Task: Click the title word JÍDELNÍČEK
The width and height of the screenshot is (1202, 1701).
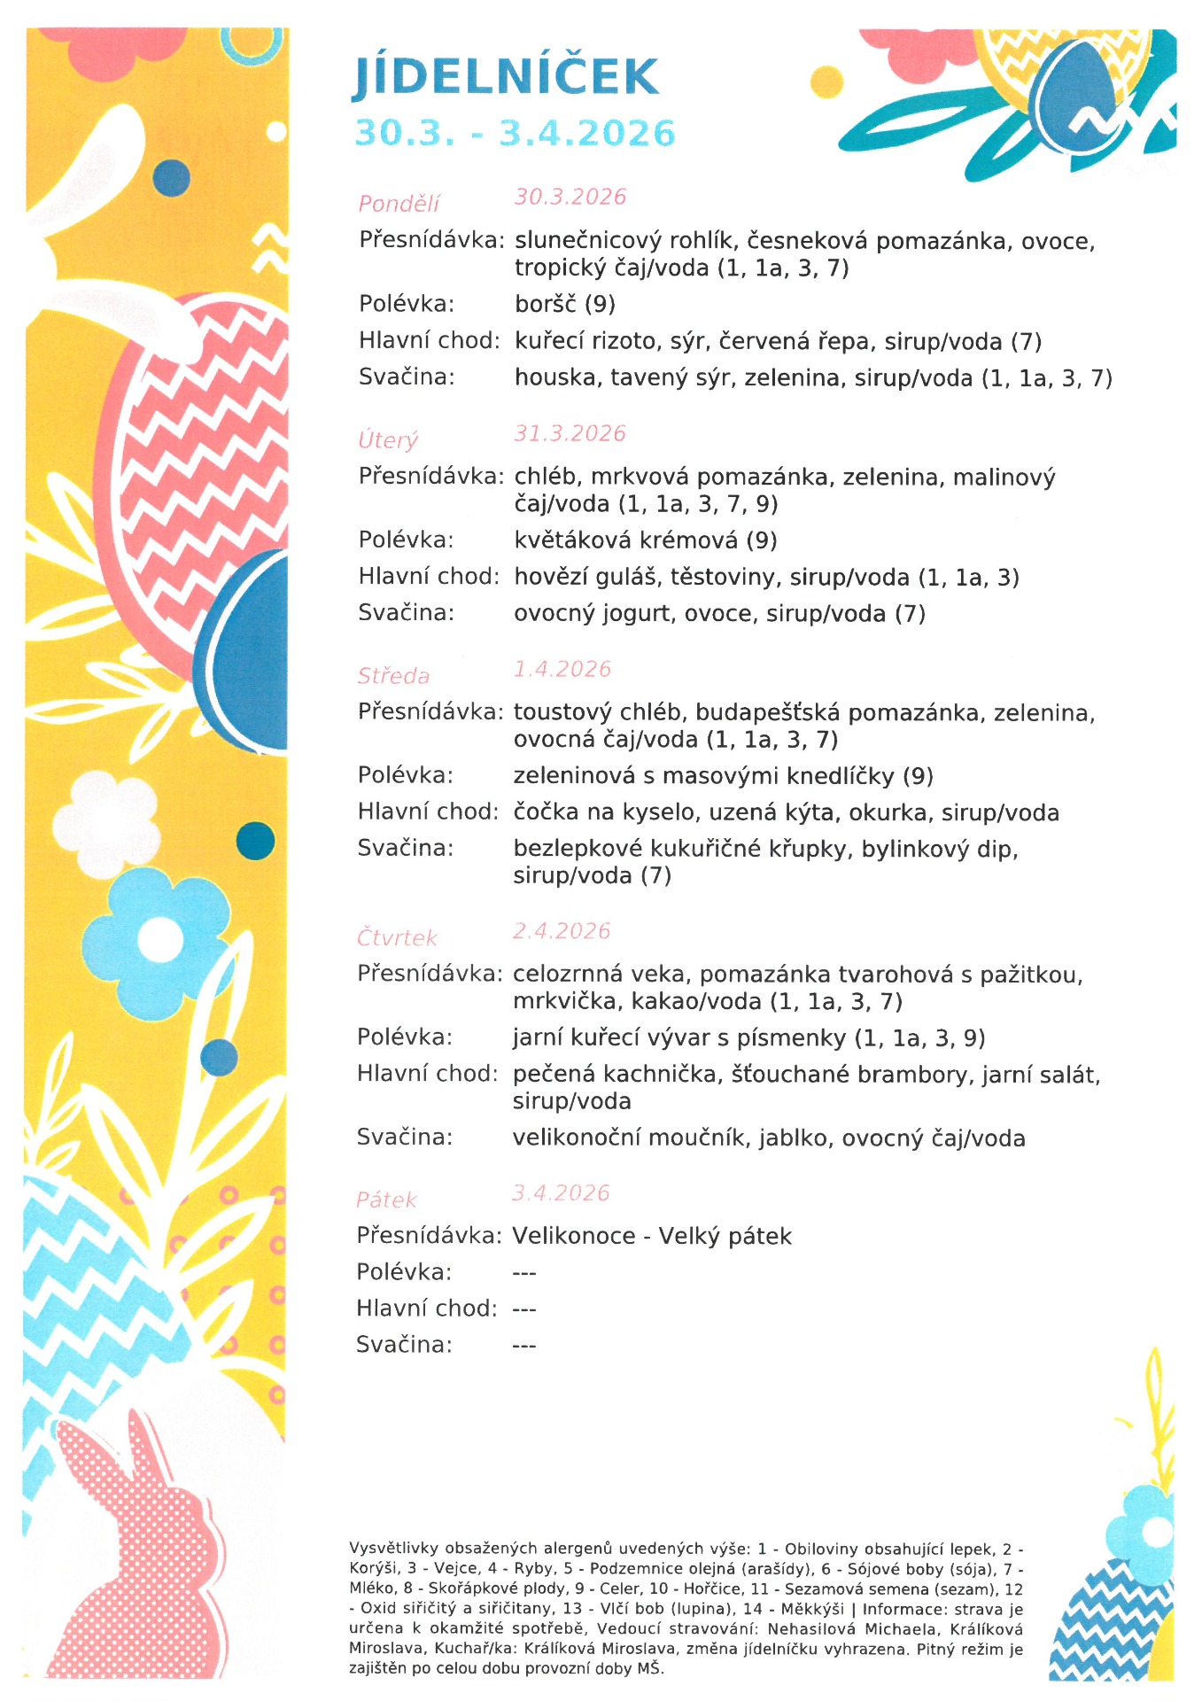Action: tap(506, 77)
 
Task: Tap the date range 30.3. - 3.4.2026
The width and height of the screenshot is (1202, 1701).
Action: tap(515, 134)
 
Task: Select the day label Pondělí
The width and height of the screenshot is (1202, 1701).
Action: tap(399, 204)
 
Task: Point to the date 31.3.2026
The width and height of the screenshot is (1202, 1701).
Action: tap(570, 433)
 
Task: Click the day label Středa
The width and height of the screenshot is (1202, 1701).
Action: tap(393, 676)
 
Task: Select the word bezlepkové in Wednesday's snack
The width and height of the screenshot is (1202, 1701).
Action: tap(578, 849)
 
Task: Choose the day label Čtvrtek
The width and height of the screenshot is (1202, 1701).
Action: tap(397, 937)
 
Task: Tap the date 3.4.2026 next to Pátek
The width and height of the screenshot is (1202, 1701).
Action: tap(561, 1192)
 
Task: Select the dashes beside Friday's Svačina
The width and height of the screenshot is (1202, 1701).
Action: tap(524, 1346)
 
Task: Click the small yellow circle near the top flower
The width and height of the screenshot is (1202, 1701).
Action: tap(826, 82)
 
